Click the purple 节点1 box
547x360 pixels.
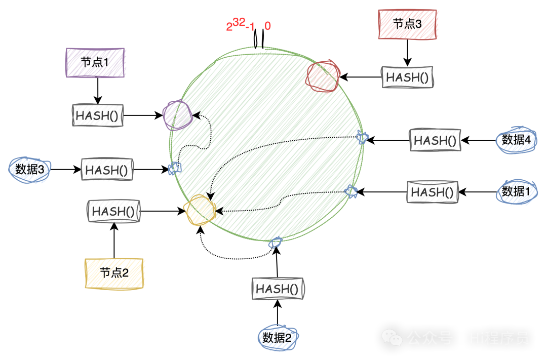click(95, 63)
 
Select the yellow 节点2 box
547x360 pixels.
click(114, 273)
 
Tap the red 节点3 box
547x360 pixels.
click(407, 24)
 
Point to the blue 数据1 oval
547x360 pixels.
click(516, 191)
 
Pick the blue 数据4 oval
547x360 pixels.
click(516, 140)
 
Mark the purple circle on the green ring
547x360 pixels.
click(177, 115)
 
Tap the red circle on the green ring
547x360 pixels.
click(322, 76)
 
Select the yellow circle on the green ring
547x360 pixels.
click(201, 211)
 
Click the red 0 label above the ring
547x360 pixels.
click(267, 26)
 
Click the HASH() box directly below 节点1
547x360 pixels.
click(98, 115)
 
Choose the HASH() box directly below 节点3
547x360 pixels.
click(407, 77)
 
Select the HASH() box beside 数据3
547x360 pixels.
click(107, 170)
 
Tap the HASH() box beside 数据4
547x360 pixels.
click(435, 140)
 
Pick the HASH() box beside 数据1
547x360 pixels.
click(433, 192)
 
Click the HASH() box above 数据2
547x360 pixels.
click(278, 289)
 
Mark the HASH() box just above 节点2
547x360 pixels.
click(114, 211)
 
